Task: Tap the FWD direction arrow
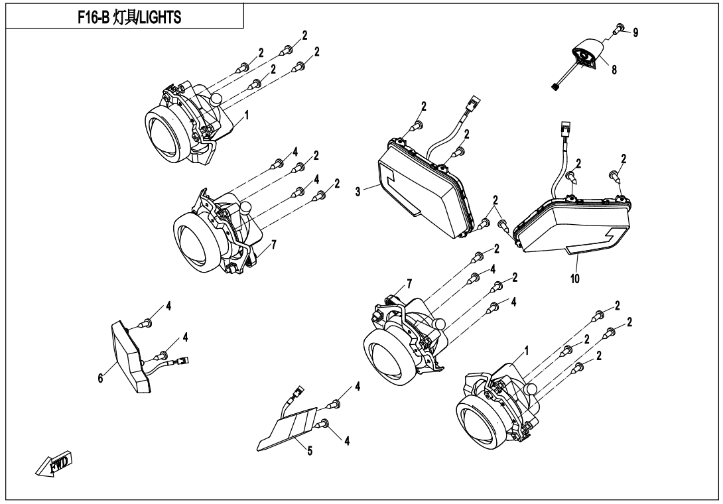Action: tap(56, 464)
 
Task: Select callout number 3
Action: tap(358, 192)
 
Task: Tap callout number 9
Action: tap(635, 32)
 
